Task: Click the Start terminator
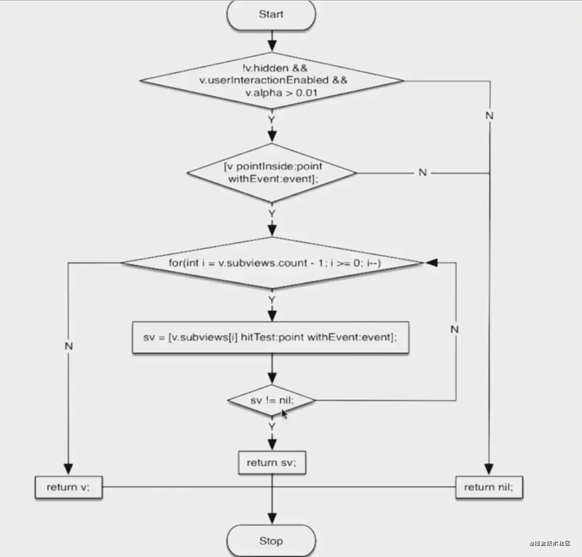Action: [271, 15]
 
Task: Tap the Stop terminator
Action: [271, 541]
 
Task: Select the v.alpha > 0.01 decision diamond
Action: [271, 80]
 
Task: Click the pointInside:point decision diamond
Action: [272, 173]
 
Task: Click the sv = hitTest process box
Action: [270, 338]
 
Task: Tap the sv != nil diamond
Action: [272, 401]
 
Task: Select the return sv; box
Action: [272, 463]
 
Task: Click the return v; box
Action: [68, 487]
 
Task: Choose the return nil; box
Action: [489, 487]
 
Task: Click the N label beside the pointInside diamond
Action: [423, 173]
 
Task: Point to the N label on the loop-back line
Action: [455, 329]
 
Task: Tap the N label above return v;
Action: [69, 346]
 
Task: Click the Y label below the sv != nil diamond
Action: [272, 427]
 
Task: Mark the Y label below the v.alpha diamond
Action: [272, 120]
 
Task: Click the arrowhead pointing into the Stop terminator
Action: [272, 518]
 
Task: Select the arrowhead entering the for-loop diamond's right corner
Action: [431, 263]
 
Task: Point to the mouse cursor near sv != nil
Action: [284, 414]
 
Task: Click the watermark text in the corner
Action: [550, 543]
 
